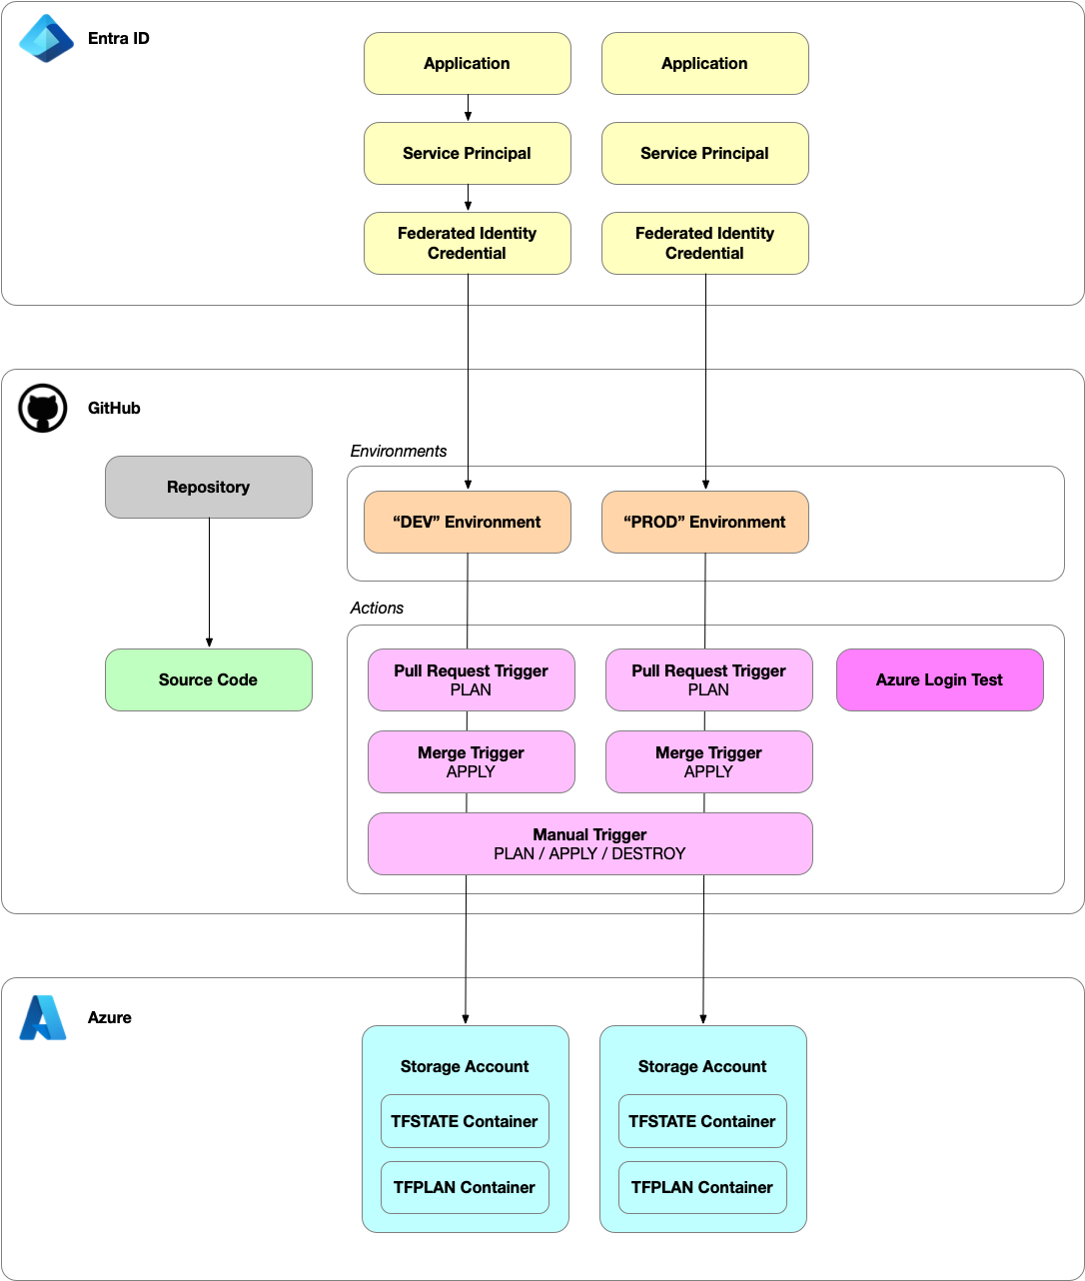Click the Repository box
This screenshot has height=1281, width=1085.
[x=208, y=487]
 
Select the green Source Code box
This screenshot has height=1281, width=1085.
[x=208, y=679]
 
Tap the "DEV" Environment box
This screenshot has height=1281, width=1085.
[x=467, y=522]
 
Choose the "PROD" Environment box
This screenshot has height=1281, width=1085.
[x=704, y=522]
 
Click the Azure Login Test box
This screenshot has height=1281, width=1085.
[x=939, y=679]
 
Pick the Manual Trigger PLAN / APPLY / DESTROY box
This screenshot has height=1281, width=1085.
[x=589, y=843]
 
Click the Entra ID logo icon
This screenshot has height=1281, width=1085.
[x=47, y=39]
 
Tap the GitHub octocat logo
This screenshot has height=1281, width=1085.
[x=43, y=409]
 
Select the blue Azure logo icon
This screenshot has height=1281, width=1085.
[x=43, y=1017]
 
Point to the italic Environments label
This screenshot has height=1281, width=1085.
[x=398, y=451]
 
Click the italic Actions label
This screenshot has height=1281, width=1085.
[x=377, y=608]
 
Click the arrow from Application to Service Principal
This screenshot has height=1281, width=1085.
[x=468, y=108]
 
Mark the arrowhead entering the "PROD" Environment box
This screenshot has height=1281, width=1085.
[x=705, y=485]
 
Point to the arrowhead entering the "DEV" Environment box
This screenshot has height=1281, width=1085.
[x=468, y=485]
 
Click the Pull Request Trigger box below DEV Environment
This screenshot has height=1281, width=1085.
[x=471, y=679]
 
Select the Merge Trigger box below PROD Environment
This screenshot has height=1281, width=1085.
[x=708, y=761]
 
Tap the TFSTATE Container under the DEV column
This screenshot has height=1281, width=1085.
[x=465, y=1121]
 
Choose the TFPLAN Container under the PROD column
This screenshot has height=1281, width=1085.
[x=702, y=1187]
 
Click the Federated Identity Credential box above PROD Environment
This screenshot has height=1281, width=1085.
[x=704, y=243]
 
